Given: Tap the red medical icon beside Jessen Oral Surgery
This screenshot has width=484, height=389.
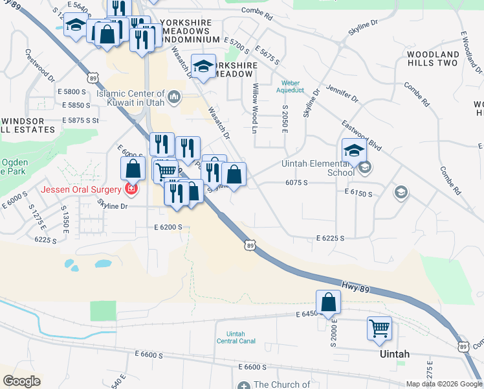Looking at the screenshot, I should pos(131,189).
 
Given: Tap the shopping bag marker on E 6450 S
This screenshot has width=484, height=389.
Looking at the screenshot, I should pos(328,301).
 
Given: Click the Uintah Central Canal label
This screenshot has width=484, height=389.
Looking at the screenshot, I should pos(236,338).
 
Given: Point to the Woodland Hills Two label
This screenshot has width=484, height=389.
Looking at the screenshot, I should pos(432,58).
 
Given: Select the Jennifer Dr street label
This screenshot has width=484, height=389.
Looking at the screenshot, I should pos(342,93).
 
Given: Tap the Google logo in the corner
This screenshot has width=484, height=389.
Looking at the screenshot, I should pos(22,381).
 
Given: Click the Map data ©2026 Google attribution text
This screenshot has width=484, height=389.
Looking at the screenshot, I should pos(444,384).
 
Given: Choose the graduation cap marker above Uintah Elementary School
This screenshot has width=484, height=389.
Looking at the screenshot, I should pos(354,150).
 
